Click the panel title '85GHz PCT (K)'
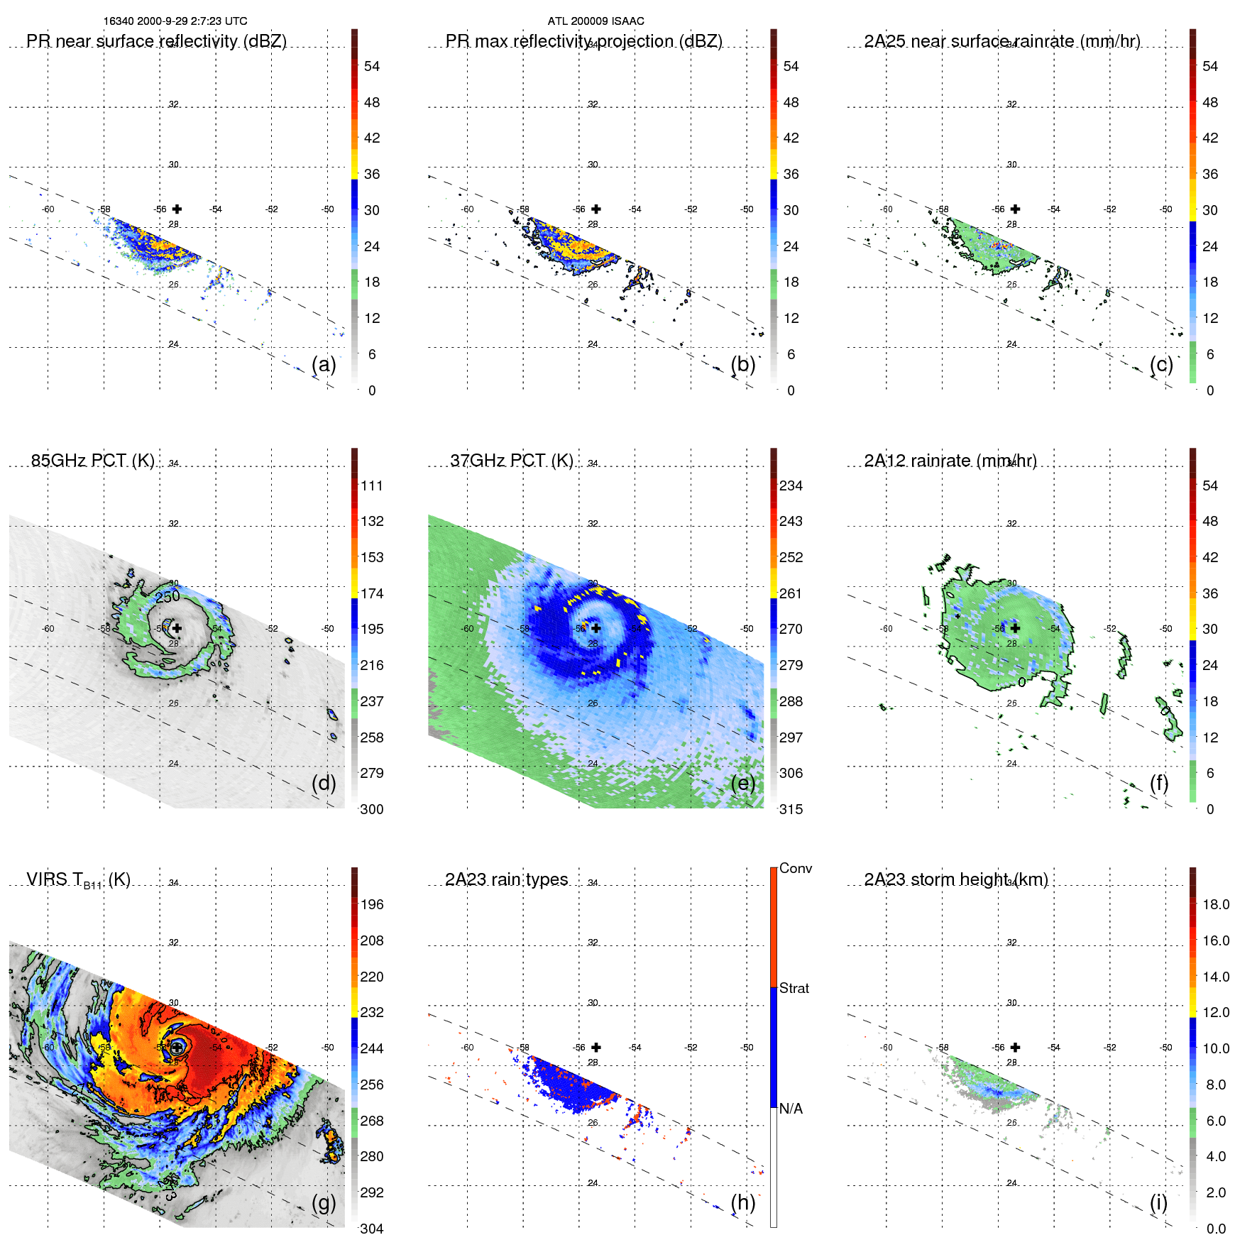(92, 461)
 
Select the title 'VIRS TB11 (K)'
(78, 880)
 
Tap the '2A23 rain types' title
(506, 879)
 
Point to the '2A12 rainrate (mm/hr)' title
(950, 461)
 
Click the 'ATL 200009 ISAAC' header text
(595, 21)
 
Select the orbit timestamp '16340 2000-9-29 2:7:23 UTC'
(175, 21)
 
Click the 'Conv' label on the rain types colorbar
(795, 868)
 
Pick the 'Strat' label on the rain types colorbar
(794, 988)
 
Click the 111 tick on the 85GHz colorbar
(371, 485)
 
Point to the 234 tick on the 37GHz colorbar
(790, 485)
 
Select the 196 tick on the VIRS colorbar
(371, 904)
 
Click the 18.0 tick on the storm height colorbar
(1215, 904)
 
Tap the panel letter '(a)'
(324, 364)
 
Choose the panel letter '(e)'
(742, 783)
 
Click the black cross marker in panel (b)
(596, 209)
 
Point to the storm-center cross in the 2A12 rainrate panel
(1015, 628)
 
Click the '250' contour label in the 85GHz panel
(168, 597)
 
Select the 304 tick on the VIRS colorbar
(371, 1229)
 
